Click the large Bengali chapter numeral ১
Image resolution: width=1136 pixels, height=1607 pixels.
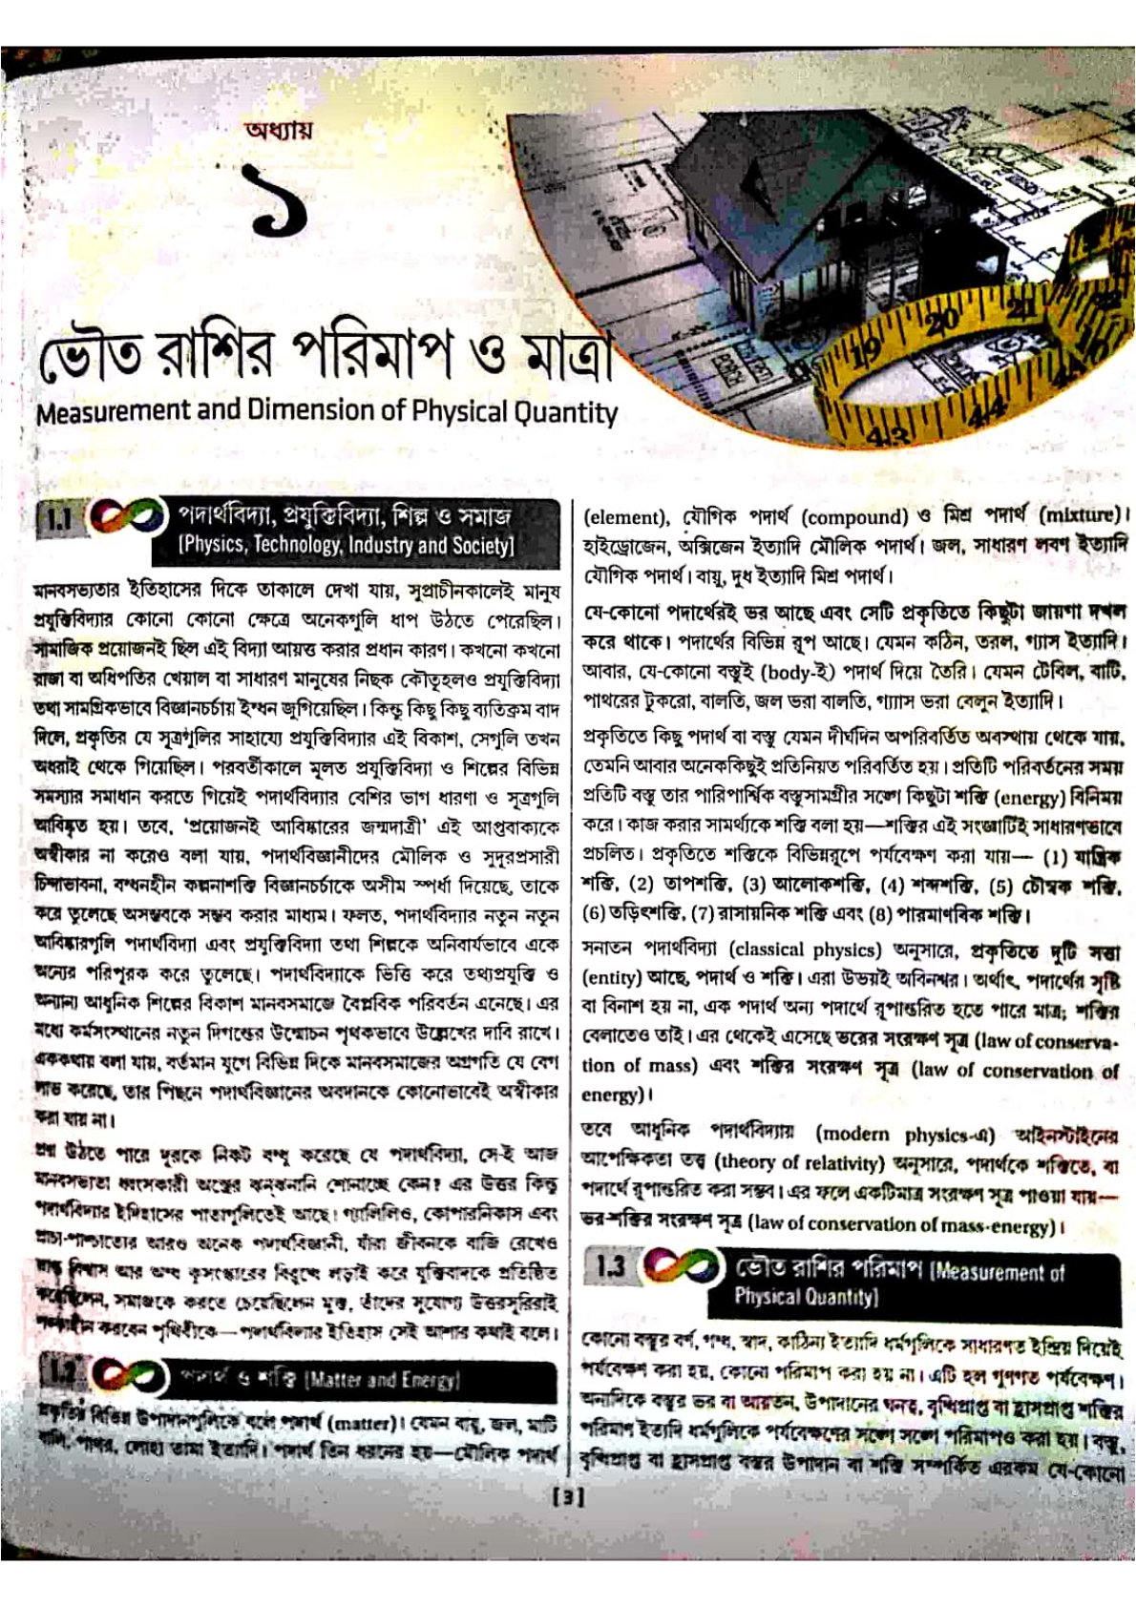tap(280, 202)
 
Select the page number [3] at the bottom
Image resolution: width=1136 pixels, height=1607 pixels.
tap(568, 1497)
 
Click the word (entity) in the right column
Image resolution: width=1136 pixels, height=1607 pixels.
tap(610, 978)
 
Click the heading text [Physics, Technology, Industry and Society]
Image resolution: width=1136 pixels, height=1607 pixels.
tap(347, 546)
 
